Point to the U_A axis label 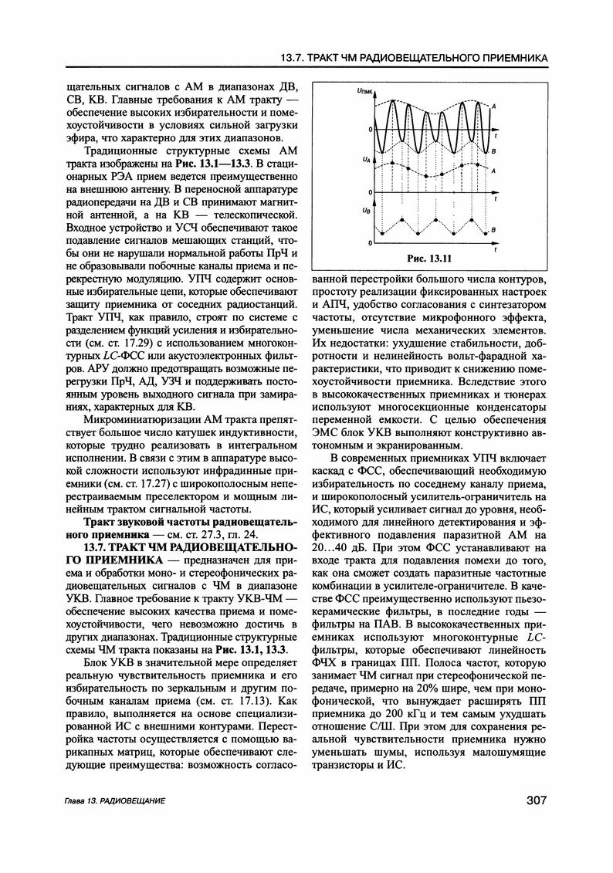pos(365,159)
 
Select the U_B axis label pos(365,210)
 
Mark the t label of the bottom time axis pos(495,250)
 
